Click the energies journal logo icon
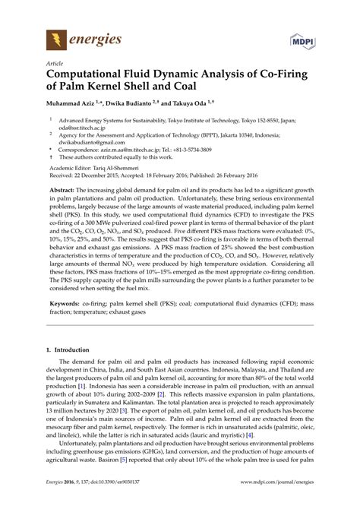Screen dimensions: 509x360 point(55,37)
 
